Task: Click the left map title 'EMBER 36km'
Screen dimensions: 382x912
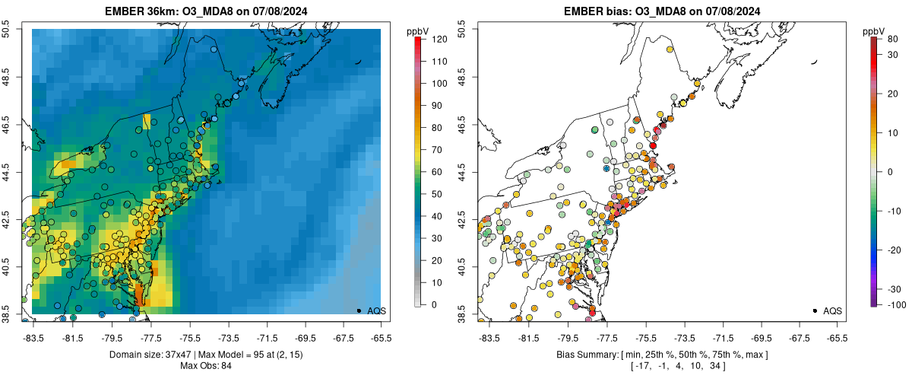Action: (140, 10)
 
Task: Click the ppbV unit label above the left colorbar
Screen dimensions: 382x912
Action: (417, 30)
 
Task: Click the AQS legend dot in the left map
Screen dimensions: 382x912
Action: (359, 310)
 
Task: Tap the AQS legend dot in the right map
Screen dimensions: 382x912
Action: (815, 310)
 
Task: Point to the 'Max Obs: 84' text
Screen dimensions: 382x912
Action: (205, 366)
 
